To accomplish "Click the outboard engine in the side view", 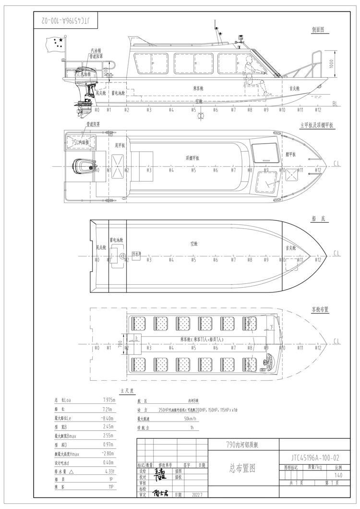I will [85, 94].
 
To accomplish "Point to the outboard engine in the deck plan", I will [83, 167].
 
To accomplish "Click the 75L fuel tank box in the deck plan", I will [80, 143].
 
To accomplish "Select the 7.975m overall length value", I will [108, 400].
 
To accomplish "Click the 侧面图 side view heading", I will [317, 29].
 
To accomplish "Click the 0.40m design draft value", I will [108, 462].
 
